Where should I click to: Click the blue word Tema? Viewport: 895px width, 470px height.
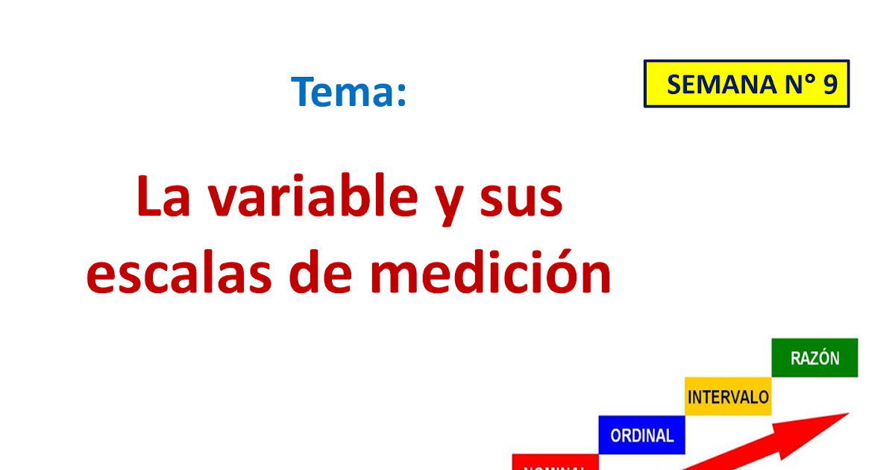(349, 92)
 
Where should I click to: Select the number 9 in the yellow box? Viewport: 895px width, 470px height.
(830, 85)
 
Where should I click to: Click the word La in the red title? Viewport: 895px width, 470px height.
(164, 198)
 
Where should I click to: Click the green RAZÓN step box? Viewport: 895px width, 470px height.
(814, 358)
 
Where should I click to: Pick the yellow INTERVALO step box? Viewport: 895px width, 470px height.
(728, 396)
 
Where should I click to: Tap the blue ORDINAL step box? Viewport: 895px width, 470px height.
(641, 435)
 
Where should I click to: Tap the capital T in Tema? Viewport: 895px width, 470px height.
(303, 92)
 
